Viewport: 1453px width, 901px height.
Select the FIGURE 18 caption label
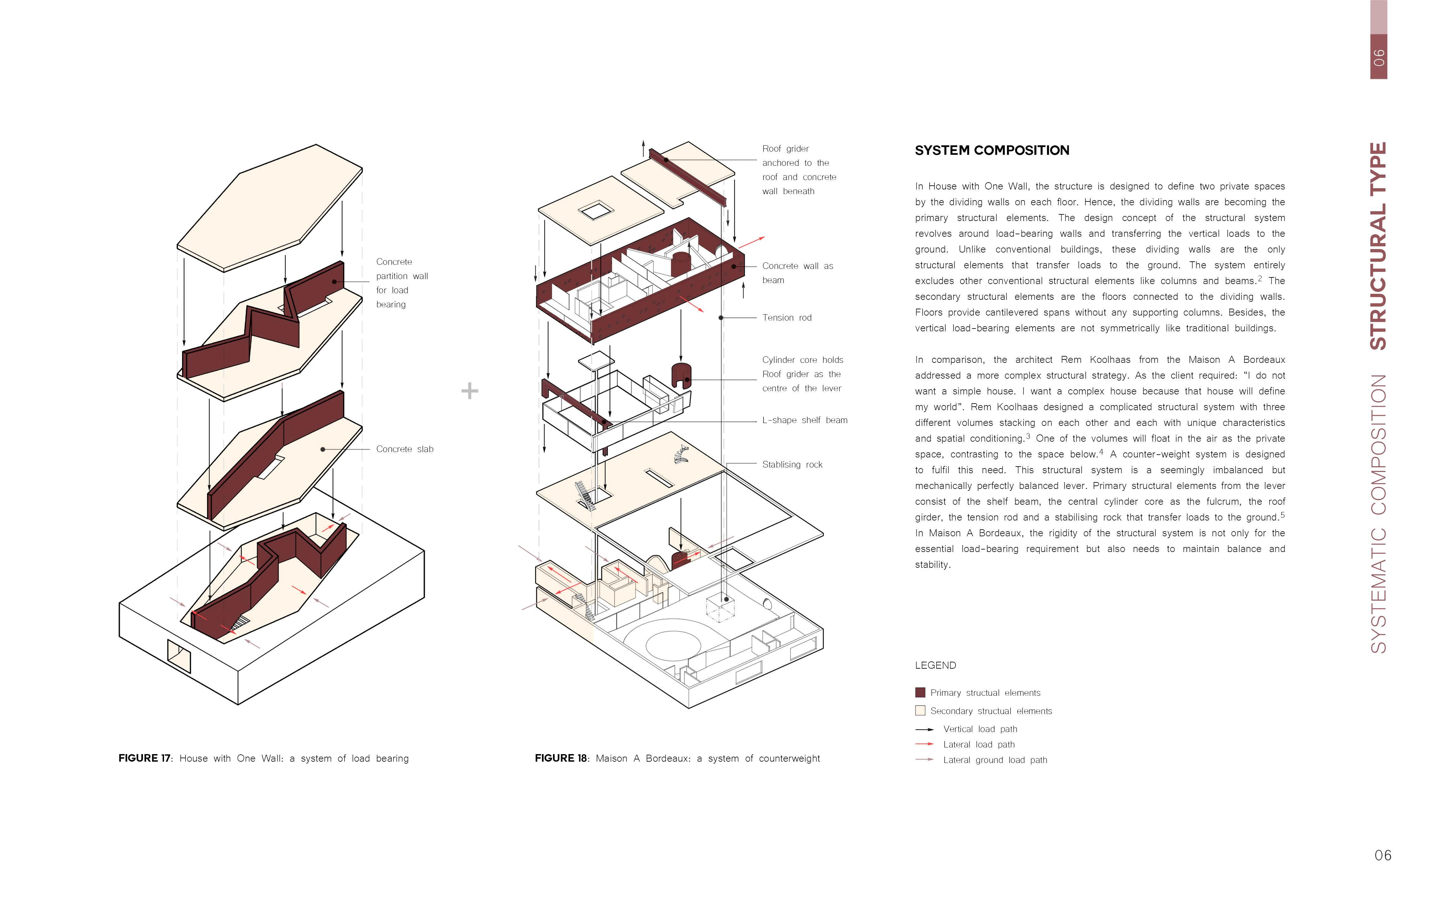(x=561, y=758)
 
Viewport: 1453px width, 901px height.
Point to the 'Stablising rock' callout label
(x=792, y=464)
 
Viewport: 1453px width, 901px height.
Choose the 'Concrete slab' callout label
(x=404, y=449)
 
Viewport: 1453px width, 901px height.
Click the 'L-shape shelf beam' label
(x=804, y=420)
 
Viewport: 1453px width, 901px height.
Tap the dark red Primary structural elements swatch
(x=920, y=692)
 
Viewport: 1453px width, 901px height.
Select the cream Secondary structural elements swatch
(x=920, y=710)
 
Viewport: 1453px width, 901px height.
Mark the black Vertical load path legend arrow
(x=924, y=729)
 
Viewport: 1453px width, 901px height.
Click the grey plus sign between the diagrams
(x=470, y=391)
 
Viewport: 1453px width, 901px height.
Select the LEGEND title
(x=935, y=665)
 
